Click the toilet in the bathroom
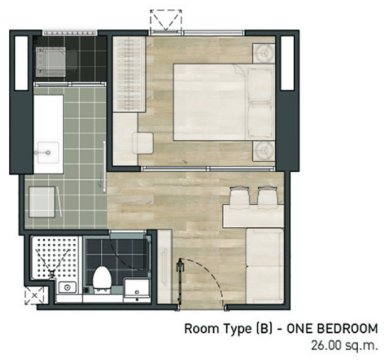tap(102, 278)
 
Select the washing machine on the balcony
tap(51, 62)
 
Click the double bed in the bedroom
tap(224, 101)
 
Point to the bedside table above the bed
tap(264, 53)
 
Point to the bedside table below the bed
tap(264, 151)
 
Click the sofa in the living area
tap(265, 266)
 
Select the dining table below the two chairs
tap(253, 216)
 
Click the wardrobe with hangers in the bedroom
tap(129, 74)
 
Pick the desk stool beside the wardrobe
tap(143, 143)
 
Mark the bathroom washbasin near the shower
tap(67, 287)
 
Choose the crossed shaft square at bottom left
tap(35, 295)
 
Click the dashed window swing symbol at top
tap(166, 20)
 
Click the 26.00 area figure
tap(326, 346)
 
